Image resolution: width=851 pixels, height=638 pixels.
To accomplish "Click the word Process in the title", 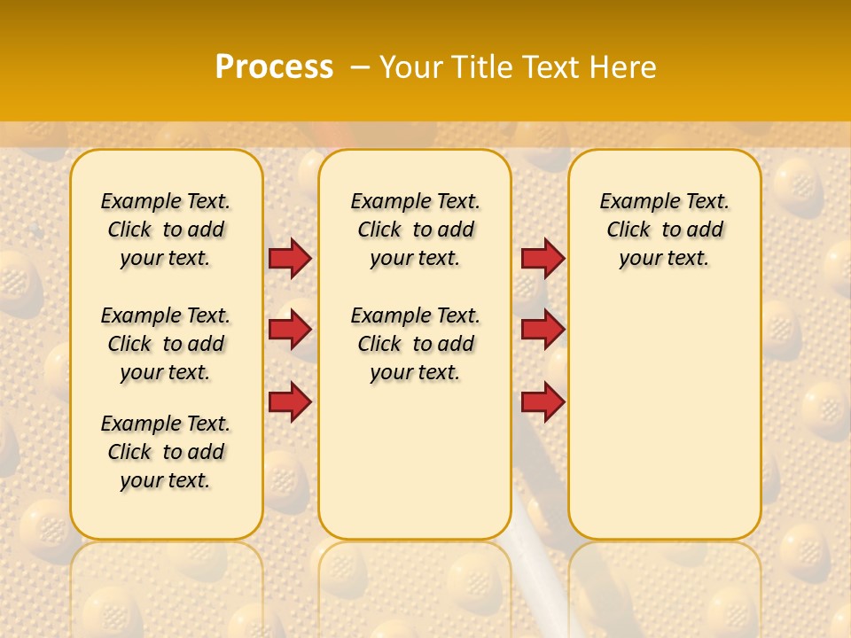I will (274, 67).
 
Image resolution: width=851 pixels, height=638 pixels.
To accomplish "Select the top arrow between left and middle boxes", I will (290, 258).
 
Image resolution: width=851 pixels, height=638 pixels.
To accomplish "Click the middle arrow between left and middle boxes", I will (290, 330).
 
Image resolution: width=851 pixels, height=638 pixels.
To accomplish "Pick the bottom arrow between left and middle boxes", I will (290, 402).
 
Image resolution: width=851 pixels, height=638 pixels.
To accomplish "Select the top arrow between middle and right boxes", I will (543, 258).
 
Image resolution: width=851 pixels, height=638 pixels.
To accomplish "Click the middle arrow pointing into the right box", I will (543, 330).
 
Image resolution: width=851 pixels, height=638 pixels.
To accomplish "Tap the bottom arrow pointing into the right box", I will (543, 402).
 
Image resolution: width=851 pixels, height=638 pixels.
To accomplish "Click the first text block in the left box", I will (166, 230).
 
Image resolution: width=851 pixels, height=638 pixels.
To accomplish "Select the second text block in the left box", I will (166, 344).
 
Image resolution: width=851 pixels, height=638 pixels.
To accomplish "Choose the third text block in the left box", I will (166, 452).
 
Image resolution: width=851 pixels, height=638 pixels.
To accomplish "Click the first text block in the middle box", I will (415, 230).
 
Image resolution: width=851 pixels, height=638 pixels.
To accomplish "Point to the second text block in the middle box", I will (415, 344).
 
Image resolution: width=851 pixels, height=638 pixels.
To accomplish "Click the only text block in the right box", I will (664, 230).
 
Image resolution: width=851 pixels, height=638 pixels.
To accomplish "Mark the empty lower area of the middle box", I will (415, 461).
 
